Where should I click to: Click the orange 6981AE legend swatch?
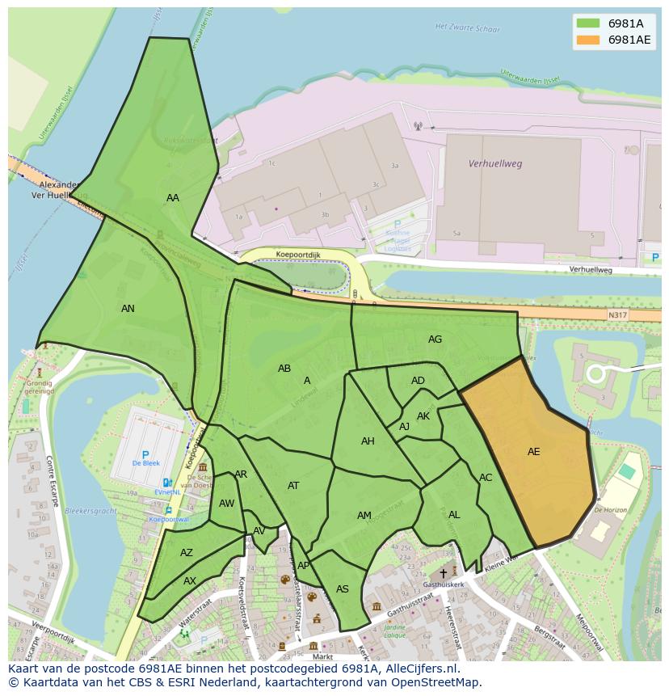589,40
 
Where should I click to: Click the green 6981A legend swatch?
589,23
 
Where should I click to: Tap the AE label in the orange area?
533,452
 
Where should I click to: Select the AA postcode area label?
173,198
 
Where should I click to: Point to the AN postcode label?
128,309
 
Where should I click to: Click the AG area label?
435,340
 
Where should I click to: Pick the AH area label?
368,441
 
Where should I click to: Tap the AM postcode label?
364,516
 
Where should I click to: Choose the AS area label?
343,589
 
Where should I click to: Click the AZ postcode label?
187,553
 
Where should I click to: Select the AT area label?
293,486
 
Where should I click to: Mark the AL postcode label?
454,515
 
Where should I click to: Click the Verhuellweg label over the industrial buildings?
495,163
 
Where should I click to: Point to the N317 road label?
618,314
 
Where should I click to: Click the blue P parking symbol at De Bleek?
145,456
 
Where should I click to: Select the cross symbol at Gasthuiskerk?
443,573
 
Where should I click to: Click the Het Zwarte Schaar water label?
466,27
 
